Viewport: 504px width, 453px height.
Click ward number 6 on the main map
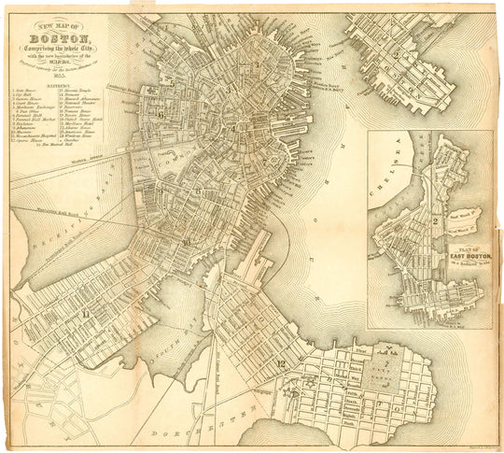161,114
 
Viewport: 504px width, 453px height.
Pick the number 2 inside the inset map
436,219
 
